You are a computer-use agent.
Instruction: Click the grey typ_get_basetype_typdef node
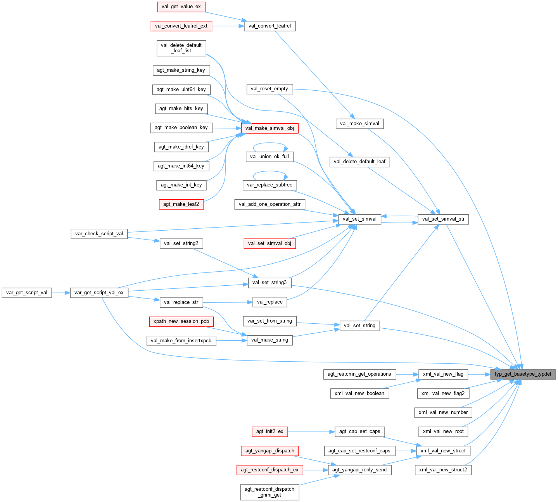(x=523, y=374)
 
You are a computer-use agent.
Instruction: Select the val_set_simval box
(x=359, y=219)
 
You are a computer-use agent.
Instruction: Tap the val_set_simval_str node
(x=443, y=219)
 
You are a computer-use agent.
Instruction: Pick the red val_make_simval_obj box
(x=269, y=128)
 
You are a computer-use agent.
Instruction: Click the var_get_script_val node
(x=27, y=293)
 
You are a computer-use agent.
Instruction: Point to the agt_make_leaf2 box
(x=181, y=204)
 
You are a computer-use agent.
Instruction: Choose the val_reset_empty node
(x=269, y=89)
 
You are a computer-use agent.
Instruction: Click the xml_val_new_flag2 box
(x=443, y=393)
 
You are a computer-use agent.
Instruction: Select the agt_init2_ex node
(x=269, y=431)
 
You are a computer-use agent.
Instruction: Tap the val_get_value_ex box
(x=181, y=7)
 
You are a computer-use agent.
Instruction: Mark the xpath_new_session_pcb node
(x=181, y=321)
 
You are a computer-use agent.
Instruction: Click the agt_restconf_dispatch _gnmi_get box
(x=269, y=492)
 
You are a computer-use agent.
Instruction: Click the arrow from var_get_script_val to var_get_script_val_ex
(x=61, y=293)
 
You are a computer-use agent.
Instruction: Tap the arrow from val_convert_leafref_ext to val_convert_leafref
(x=228, y=26)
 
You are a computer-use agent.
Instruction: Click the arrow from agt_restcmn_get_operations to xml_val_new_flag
(x=407, y=374)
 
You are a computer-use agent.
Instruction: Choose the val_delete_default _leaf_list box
(x=181, y=48)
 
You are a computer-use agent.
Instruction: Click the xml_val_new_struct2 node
(x=443, y=470)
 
